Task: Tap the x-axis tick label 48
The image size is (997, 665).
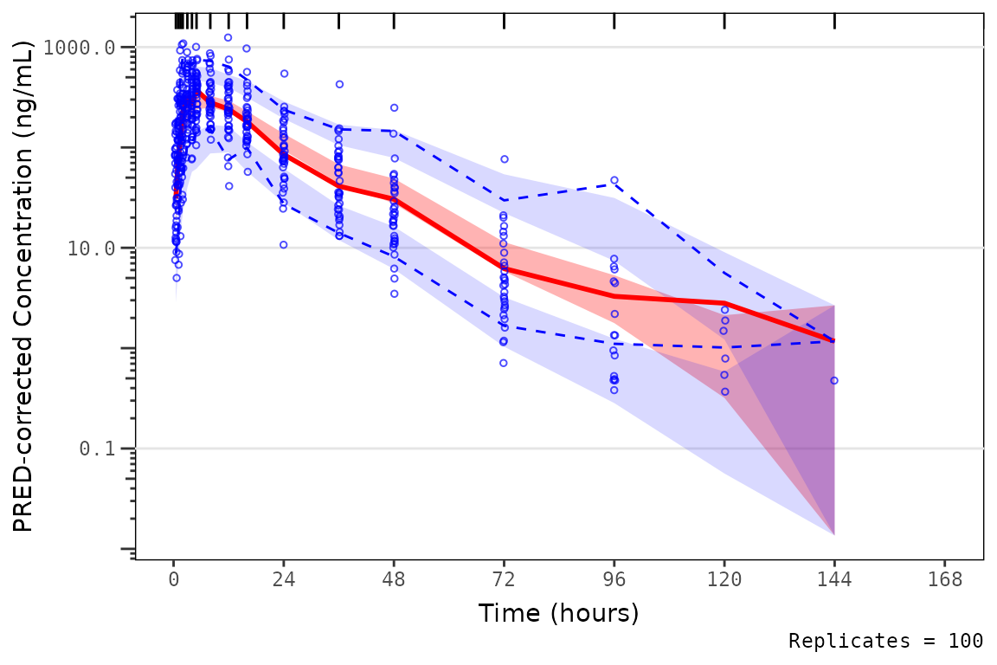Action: coord(394,580)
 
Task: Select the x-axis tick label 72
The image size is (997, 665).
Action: coord(504,580)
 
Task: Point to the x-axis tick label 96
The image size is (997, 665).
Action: coord(614,580)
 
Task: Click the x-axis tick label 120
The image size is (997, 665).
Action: coord(724,580)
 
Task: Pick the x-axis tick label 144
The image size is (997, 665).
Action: coord(834,580)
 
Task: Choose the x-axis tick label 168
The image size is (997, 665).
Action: coord(945,580)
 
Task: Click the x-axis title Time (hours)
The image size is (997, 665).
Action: coord(558,613)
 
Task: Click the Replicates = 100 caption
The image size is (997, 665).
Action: coord(885,642)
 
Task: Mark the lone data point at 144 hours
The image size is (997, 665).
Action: coord(834,380)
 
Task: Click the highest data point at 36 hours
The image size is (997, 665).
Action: coord(339,84)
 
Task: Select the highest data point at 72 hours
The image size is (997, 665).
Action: coord(504,159)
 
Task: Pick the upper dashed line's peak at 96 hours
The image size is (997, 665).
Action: coord(614,180)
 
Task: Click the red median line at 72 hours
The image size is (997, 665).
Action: coord(504,268)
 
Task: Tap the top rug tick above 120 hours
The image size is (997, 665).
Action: coord(724,22)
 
